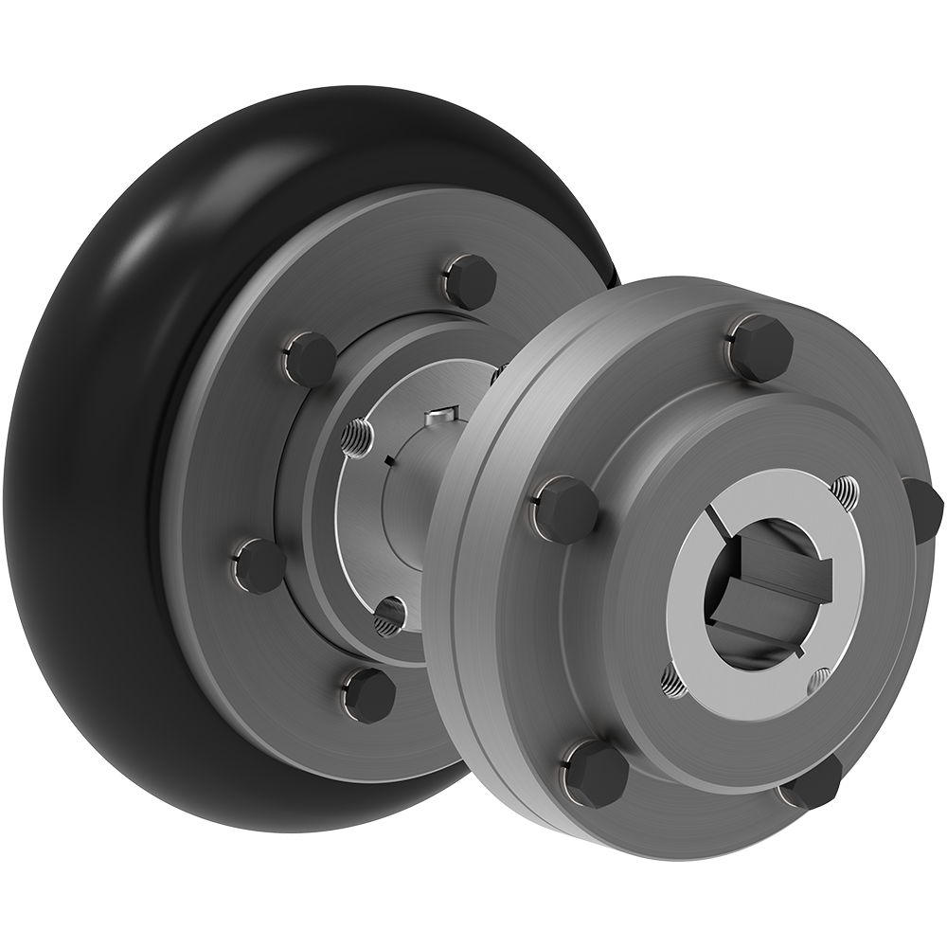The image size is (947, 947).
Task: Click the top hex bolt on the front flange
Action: pos(760,347)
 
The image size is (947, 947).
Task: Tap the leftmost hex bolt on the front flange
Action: pos(565,509)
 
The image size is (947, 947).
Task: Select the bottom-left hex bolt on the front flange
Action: pos(596,773)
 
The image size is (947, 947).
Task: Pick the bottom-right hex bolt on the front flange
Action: pos(813,782)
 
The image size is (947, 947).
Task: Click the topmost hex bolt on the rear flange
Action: pos(470,280)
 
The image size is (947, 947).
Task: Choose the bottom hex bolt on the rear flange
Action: pos(368,694)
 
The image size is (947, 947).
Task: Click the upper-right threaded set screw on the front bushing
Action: pos(846,492)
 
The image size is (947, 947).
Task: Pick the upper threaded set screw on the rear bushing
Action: pos(357,438)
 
